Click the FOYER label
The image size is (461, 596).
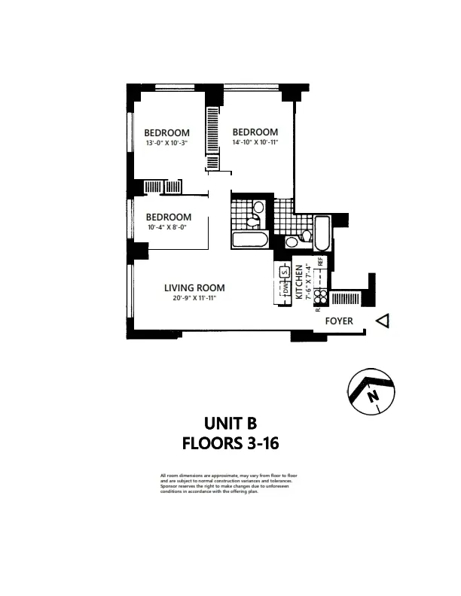pos(338,321)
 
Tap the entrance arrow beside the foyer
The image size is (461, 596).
pos(383,321)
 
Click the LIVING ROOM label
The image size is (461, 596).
pos(194,287)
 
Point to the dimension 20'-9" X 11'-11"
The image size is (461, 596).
pos(194,299)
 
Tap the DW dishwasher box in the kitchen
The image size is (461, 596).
pos(285,290)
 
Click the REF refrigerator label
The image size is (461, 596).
pos(320,263)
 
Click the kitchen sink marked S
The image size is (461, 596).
pos(285,272)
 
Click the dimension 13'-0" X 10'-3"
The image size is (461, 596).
pos(166,143)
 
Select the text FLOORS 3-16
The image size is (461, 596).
pos(230,443)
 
